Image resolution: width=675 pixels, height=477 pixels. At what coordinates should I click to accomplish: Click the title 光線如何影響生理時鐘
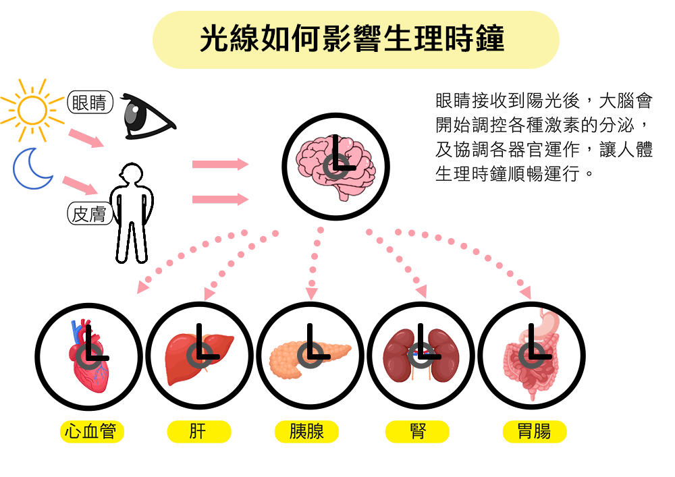pyautogui.click(x=352, y=38)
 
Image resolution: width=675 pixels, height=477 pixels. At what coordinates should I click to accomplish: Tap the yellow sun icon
pyautogui.click(x=32, y=110)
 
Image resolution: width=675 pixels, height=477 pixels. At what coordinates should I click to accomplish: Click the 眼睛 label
pyautogui.click(x=90, y=103)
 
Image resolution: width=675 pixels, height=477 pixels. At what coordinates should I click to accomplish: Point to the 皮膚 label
pyautogui.click(x=90, y=214)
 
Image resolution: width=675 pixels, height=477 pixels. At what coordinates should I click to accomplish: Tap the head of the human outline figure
pyautogui.click(x=132, y=174)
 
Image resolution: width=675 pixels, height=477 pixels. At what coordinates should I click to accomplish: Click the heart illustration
pyautogui.click(x=88, y=356)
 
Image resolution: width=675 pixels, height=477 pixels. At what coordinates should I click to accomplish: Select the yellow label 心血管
pyautogui.click(x=91, y=431)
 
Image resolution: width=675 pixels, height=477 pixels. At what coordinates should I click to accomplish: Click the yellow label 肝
pyautogui.click(x=199, y=431)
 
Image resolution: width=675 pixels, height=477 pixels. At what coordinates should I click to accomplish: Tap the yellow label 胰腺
pyautogui.click(x=306, y=431)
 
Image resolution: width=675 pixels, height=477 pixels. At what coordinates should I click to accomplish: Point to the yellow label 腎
pyautogui.click(x=417, y=431)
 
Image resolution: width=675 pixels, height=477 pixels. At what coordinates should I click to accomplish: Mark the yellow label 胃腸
pyautogui.click(x=534, y=431)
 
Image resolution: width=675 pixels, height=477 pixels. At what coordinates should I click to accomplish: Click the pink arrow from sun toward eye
pyautogui.click(x=86, y=137)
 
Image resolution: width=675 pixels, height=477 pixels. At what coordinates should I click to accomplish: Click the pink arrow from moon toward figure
pyautogui.click(x=80, y=185)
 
